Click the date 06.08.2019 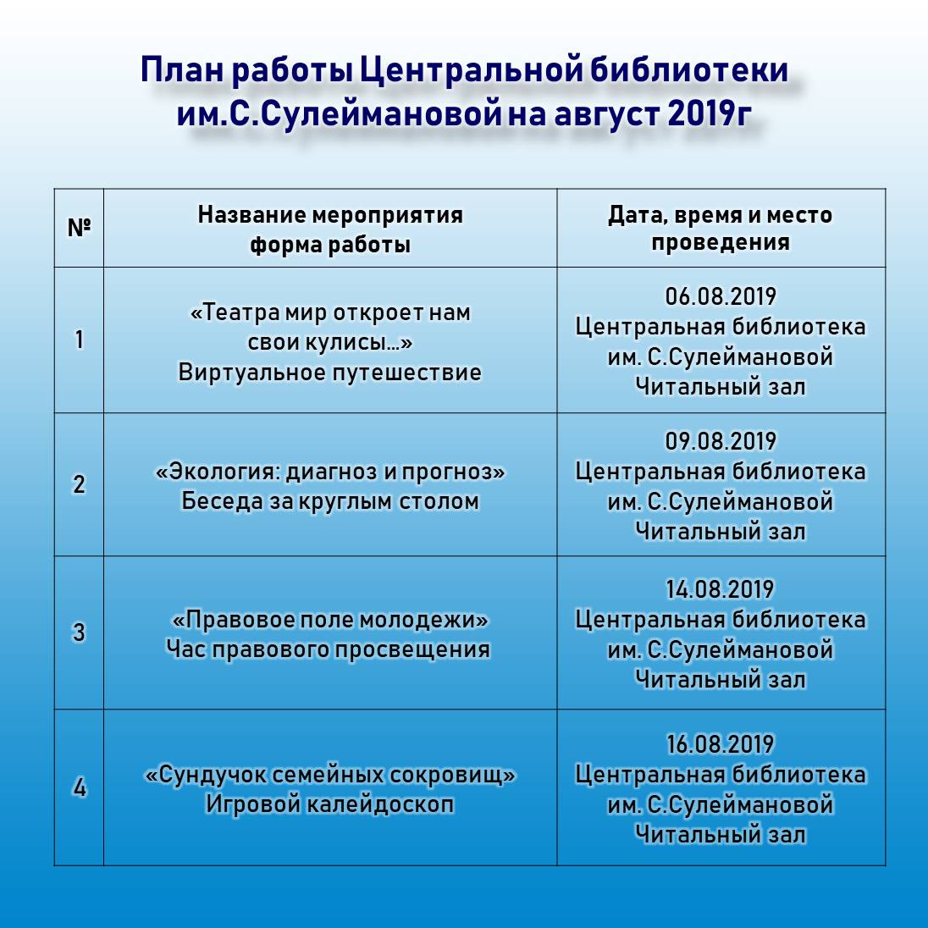[721, 296]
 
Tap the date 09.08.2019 [721, 441]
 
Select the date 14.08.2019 [721, 589]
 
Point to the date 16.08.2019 [721, 744]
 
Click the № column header [79, 228]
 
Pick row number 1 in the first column [79, 340]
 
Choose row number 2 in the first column [79, 484]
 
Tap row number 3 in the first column [79, 632]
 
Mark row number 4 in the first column [79, 787]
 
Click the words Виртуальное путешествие [329, 373]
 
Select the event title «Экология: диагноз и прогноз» [329, 471]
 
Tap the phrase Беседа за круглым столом [329, 501]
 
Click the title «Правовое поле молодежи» [329, 619]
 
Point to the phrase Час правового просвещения [329, 649]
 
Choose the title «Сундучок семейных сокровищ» [329, 774]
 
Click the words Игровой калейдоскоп [329, 804]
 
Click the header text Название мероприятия [330, 214]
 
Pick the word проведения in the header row [721, 242]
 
